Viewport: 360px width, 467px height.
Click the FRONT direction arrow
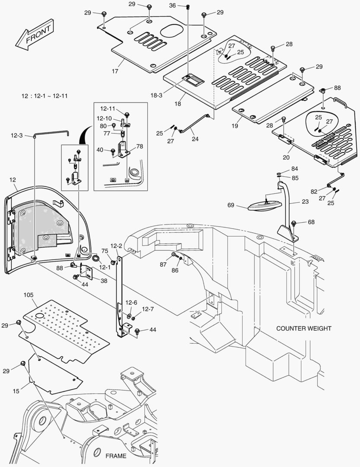(x=34, y=35)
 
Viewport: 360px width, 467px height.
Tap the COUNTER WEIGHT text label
(x=304, y=328)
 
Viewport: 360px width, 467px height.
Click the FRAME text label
(x=116, y=456)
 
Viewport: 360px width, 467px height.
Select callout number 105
(x=28, y=295)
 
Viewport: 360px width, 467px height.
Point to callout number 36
(x=172, y=6)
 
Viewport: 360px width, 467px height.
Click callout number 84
(x=294, y=168)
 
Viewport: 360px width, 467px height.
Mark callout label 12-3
(x=16, y=136)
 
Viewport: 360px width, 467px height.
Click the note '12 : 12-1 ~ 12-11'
(x=45, y=95)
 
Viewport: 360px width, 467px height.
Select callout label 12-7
(x=148, y=309)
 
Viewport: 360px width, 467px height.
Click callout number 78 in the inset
(x=140, y=146)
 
